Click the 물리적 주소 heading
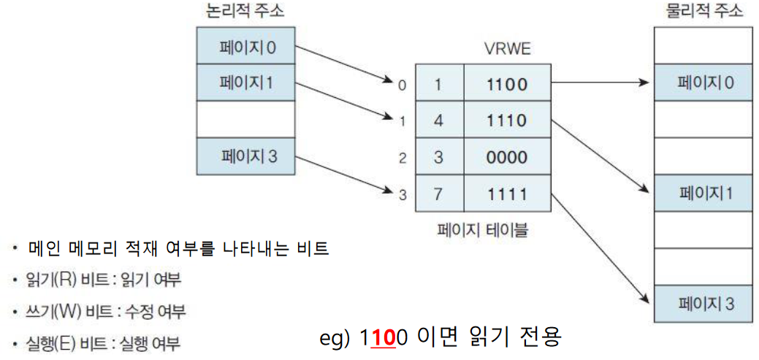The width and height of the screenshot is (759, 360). pos(703,11)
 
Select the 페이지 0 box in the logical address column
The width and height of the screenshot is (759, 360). pos(246,48)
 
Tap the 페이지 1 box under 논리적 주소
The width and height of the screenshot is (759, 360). pos(246,83)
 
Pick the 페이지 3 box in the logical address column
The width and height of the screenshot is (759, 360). pos(246,156)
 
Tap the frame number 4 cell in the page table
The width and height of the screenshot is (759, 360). pos(439,120)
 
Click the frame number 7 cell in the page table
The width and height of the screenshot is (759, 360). pos(439,194)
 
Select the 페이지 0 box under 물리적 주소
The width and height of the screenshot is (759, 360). pos(703,83)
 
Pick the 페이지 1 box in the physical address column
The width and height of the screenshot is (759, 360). pos(703,194)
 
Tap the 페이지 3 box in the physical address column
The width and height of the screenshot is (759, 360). pos(703,303)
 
